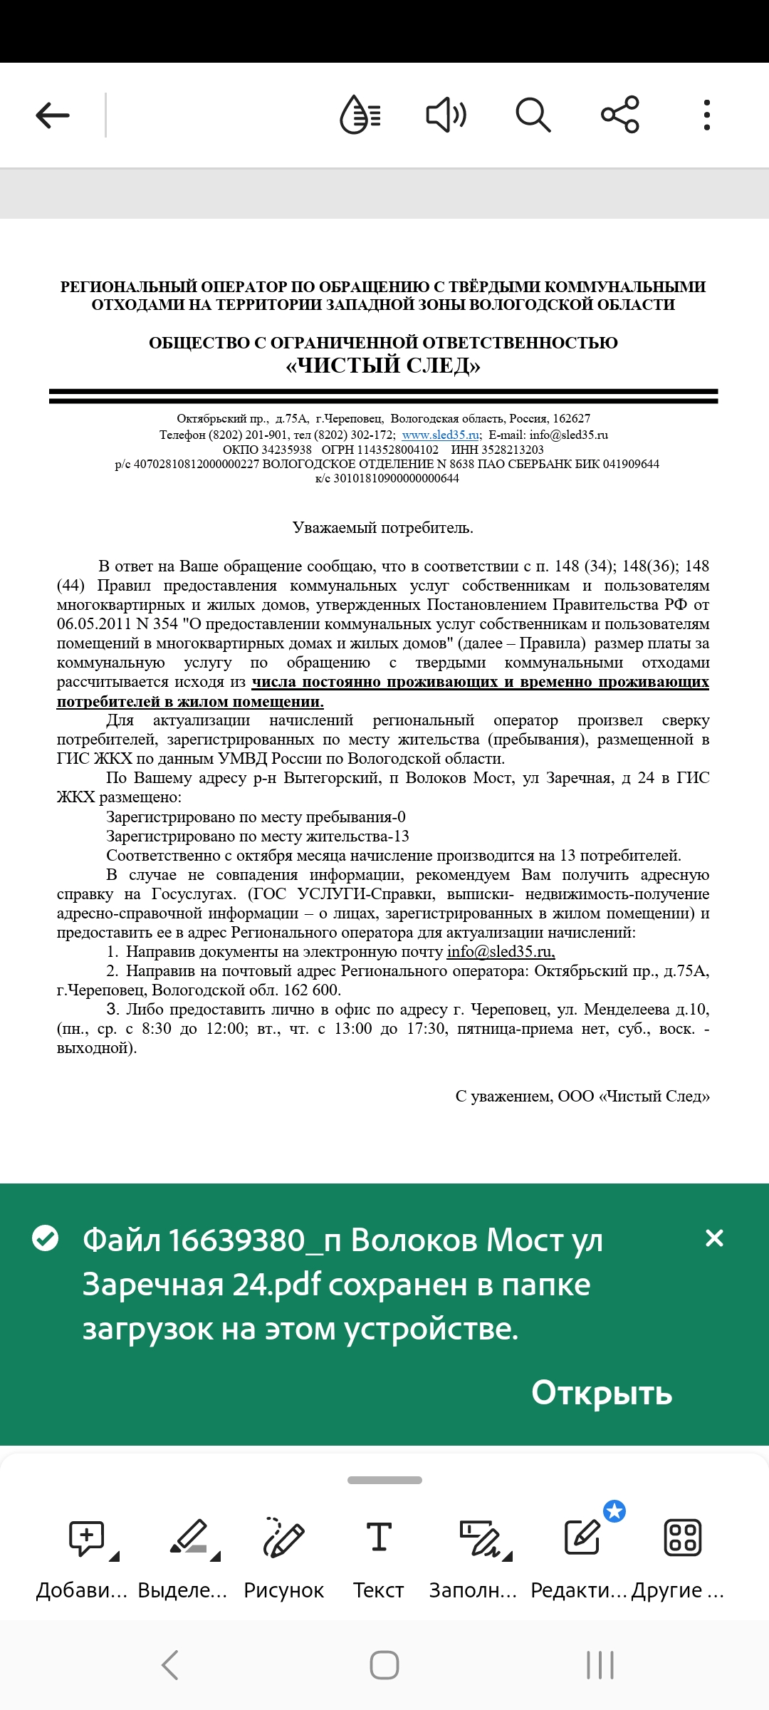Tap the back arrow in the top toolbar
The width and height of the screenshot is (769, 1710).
click(53, 115)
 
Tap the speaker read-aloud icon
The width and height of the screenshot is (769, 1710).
click(446, 115)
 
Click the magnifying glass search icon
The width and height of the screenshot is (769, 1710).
click(533, 115)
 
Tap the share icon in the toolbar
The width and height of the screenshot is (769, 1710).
click(620, 115)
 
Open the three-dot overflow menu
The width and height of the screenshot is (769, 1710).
click(706, 115)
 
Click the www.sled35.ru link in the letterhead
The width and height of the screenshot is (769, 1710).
click(440, 435)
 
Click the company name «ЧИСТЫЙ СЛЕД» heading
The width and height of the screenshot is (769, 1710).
click(383, 366)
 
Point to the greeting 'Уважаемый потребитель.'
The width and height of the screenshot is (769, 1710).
click(383, 528)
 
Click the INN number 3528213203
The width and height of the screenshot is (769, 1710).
click(513, 450)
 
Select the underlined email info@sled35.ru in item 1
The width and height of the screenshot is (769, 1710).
click(501, 952)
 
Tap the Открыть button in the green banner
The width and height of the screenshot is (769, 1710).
click(602, 1392)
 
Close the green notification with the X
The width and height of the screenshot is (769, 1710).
click(714, 1238)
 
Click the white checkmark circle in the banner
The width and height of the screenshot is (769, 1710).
click(46, 1238)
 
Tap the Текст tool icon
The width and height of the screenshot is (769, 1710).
click(379, 1538)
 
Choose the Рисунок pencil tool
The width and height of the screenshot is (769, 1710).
click(283, 1538)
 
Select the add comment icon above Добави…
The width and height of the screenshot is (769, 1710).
click(87, 1538)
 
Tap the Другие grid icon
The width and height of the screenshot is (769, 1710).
click(682, 1538)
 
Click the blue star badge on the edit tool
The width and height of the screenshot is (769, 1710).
click(614, 1510)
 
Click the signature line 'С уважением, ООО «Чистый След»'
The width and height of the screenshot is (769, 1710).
click(582, 1097)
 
